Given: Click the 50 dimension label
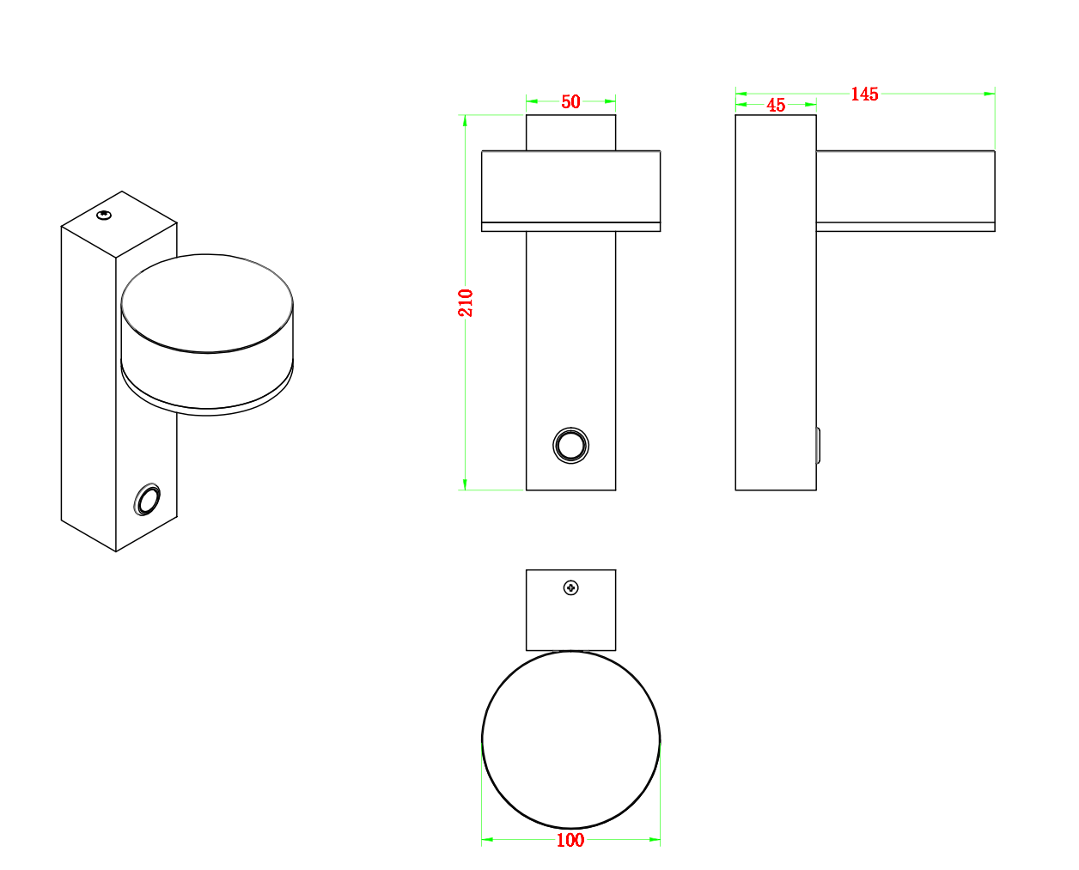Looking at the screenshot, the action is tap(570, 102).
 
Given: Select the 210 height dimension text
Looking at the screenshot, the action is tap(466, 302).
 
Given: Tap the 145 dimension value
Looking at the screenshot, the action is tap(864, 94).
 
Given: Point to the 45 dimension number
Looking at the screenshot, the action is tap(776, 106).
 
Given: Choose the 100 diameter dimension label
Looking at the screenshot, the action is tap(570, 840).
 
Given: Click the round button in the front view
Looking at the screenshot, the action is tap(570, 445).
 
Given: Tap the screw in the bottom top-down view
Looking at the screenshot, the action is tap(571, 587).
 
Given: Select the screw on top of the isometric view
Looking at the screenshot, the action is tap(104, 215).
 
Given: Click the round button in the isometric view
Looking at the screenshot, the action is tap(147, 500).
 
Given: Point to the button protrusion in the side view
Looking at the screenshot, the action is tap(818, 445).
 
